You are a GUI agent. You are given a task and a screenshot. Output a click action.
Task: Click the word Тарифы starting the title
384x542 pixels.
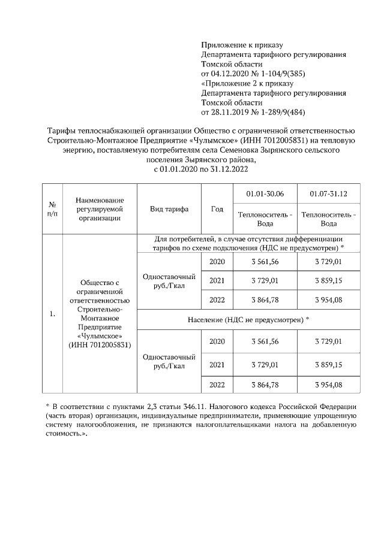61,131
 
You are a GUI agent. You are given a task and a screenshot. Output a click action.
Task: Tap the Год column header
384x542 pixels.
217,209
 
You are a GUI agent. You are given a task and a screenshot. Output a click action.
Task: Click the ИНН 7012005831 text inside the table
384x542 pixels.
100,345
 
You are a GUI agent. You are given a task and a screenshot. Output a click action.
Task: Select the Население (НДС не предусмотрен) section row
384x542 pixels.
248,320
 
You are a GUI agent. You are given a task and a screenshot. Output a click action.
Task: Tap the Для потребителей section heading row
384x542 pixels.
248,243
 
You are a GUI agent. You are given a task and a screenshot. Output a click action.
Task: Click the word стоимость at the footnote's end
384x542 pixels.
65,433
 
